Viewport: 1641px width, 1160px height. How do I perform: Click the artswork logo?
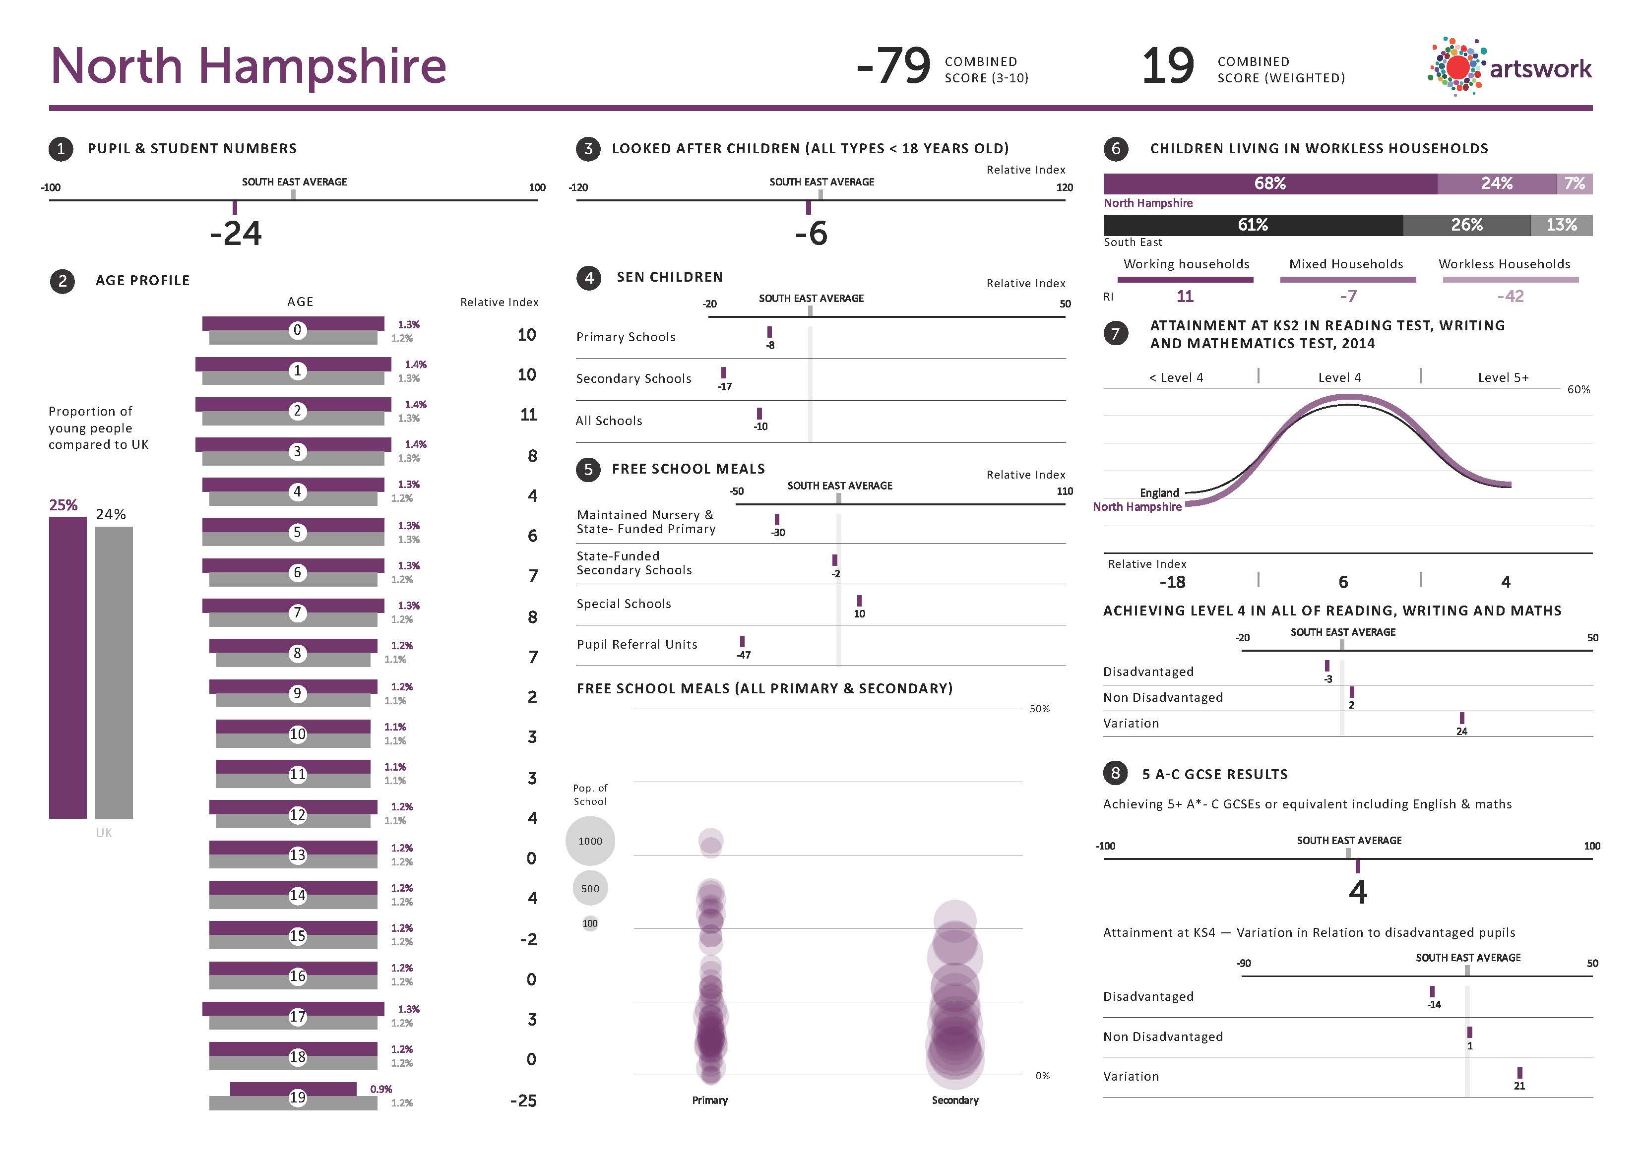(1510, 67)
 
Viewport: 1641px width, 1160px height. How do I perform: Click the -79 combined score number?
(893, 66)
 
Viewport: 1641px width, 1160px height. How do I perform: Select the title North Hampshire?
(248, 66)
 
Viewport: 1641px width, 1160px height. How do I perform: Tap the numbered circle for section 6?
(1116, 149)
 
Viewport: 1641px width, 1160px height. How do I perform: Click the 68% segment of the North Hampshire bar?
(1269, 183)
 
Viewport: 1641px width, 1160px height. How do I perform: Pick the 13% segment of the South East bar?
(1561, 225)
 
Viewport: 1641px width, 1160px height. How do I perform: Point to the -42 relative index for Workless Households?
(1510, 296)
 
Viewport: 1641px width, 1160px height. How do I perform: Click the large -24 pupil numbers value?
(236, 234)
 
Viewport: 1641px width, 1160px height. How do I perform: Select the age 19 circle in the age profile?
(297, 1097)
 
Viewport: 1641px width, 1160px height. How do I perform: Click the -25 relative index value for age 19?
(523, 1100)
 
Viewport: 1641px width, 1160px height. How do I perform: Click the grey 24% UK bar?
(114, 672)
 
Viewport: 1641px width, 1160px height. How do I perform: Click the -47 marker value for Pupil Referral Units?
(743, 655)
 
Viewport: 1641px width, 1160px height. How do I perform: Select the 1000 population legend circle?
(590, 841)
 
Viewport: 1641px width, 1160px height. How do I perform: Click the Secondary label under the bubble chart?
(955, 1100)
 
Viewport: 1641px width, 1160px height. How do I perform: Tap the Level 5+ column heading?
(1503, 377)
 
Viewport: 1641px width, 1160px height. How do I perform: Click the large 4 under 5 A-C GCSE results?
(1357, 892)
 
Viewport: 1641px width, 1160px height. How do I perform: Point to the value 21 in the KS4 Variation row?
(1519, 1086)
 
